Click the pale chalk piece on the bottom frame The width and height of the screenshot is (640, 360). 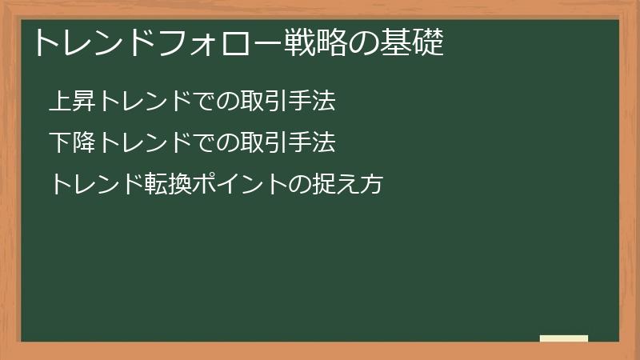563,338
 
